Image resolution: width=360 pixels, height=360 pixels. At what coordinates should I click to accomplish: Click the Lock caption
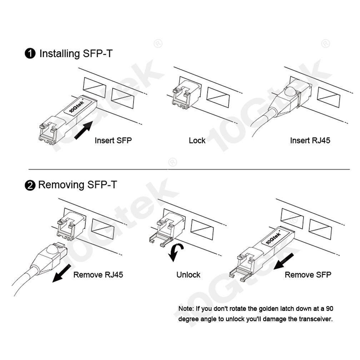coord(197,140)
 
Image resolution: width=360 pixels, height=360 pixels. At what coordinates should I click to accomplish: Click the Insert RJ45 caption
coord(310,140)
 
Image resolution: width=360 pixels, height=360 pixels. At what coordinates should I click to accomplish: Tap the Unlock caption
coord(188,275)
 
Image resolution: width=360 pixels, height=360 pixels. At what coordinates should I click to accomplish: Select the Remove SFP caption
coord(308,275)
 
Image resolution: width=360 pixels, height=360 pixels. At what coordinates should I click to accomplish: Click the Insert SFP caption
coord(113,140)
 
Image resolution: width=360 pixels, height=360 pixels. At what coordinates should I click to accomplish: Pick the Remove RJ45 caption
coord(98,275)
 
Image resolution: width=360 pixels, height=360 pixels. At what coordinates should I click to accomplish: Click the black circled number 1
coord(30,54)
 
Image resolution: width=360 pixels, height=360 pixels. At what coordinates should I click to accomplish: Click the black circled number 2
coord(30,185)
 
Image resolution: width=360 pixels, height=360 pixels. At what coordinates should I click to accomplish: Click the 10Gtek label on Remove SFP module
coord(274,237)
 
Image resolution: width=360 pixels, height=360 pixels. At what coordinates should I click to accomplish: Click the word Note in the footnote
coord(186,308)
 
